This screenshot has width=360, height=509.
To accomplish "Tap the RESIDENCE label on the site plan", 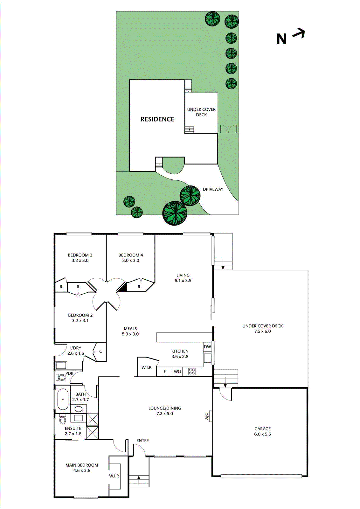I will (157, 119).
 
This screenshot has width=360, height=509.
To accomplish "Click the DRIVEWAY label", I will (213, 189).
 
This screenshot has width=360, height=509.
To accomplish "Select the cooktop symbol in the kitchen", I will (191, 371).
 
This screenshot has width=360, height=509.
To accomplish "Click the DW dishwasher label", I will (207, 347).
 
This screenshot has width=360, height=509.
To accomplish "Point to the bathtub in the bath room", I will (63, 399).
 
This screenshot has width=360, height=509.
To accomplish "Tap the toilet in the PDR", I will (62, 378).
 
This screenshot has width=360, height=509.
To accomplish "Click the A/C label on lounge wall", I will (206, 416).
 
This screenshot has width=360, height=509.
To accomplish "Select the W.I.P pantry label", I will (146, 367).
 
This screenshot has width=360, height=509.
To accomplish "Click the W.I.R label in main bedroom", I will (114, 476).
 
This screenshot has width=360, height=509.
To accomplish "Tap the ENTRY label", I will (143, 441).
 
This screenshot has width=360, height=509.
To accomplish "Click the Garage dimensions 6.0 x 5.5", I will (262, 434).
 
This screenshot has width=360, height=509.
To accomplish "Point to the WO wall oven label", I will (177, 372).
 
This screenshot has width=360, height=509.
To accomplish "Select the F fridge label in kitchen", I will (165, 372).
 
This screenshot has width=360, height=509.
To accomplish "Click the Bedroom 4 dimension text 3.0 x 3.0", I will (131, 261).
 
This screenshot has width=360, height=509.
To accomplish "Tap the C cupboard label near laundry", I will (100, 352).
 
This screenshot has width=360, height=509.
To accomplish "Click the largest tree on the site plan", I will (175, 213).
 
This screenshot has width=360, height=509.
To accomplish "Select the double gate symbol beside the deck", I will (229, 129).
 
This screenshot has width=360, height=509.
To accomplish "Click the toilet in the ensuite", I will (62, 420).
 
